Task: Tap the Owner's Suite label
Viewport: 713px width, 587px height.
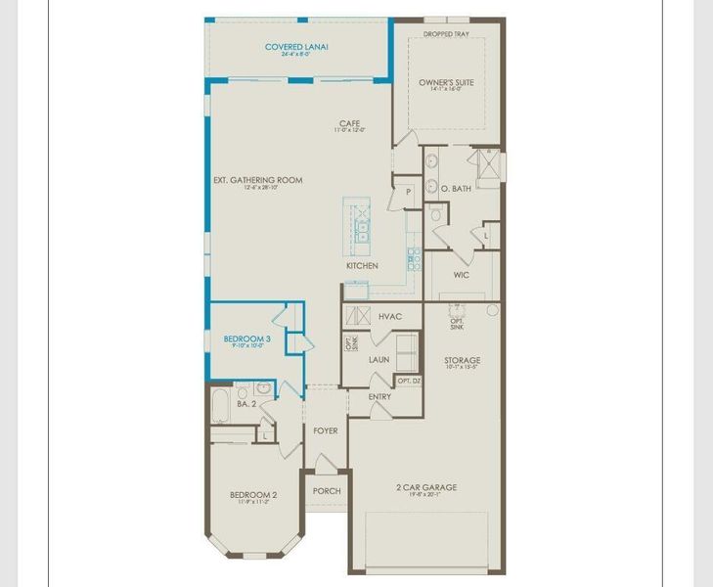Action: pos(446,83)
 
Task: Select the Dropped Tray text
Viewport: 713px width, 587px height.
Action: pos(446,35)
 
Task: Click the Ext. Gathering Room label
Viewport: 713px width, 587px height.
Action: pos(257,180)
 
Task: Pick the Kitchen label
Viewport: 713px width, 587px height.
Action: pos(361,265)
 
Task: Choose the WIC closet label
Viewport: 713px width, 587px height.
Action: pos(462,275)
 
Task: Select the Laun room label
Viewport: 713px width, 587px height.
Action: pos(379,359)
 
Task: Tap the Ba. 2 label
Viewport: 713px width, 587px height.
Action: pos(245,402)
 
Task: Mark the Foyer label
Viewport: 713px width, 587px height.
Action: pos(325,430)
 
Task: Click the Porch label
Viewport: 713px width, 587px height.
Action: pos(326,491)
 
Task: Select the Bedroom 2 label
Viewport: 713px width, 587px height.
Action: pos(253,495)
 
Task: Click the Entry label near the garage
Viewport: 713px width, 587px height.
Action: pos(380,396)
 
